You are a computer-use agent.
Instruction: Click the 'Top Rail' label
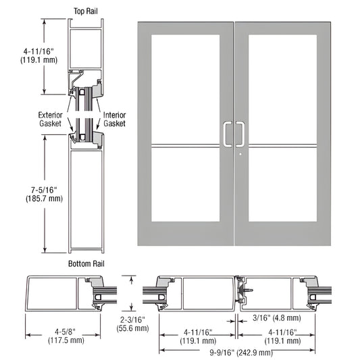tap(86, 11)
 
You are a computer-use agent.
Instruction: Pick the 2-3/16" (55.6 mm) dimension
tap(132, 305)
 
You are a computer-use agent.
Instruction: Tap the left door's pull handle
tap(226, 134)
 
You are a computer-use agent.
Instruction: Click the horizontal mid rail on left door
tap(186, 145)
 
